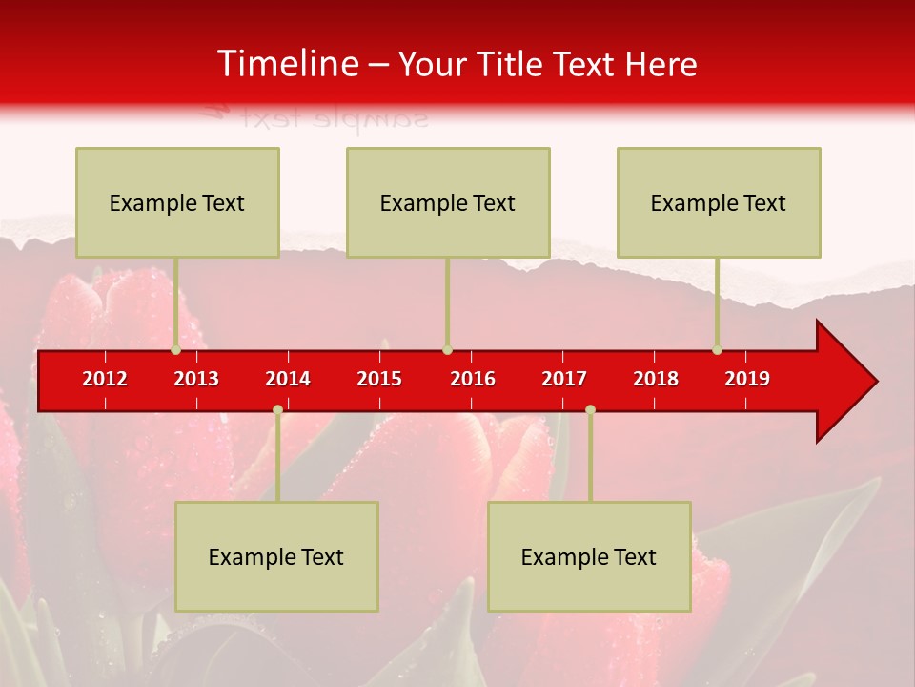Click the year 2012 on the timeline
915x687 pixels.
click(105, 379)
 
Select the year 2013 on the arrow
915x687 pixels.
click(196, 379)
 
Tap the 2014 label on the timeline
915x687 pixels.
click(288, 379)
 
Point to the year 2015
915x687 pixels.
click(379, 379)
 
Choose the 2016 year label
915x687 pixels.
click(473, 379)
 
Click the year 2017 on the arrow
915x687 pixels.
click(564, 379)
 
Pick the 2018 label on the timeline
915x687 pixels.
click(656, 379)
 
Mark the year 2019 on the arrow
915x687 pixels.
click(747, 379)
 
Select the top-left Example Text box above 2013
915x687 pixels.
click(177, 202)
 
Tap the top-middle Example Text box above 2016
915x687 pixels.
click(448, 202)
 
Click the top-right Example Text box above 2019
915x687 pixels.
click(719, 202)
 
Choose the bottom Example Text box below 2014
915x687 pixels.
click(276, 556)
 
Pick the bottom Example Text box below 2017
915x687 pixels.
click(589, 556)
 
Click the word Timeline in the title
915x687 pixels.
click(286, 64)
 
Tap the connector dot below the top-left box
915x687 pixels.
click(175, 349)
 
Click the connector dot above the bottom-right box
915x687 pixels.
click(590, 409)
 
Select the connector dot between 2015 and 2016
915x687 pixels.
click(447, 349)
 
